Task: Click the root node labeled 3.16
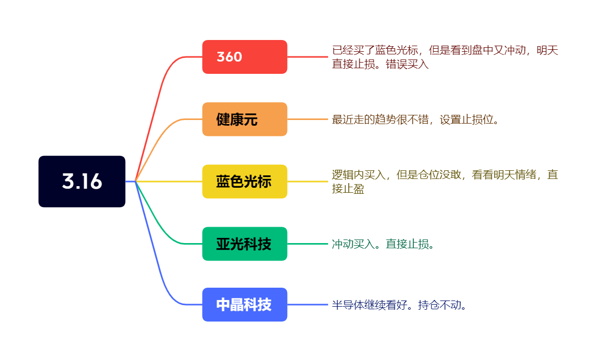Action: tap(82, 182)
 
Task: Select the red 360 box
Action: tap(245, 57)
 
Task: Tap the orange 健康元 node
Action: tap(245, 119)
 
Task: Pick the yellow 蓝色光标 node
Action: tap(245, 182)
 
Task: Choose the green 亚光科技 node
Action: tap(245, 244)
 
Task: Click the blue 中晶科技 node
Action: tap(245, 305)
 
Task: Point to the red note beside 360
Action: tap(445, 57)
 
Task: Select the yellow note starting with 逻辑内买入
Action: tap(445, 182)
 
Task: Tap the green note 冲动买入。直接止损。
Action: tap(383, 244)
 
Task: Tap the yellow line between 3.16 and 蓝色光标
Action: tap(169, 181)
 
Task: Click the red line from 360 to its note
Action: tap(308, 57)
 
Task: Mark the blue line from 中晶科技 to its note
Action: tap(308, 305)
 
